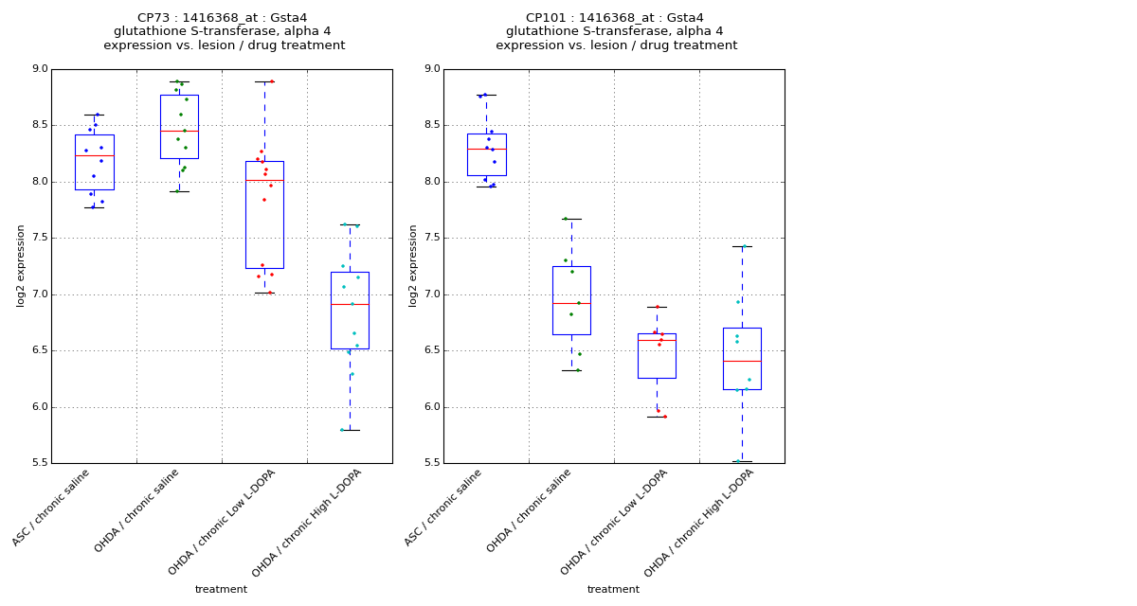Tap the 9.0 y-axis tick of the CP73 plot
[39, 69]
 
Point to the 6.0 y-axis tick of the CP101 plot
[431, 407]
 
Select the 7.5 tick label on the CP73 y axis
[39, 239]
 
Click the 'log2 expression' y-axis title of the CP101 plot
[413, 265]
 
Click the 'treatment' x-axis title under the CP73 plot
[221, 590]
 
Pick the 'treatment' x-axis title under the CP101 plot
[613, 590]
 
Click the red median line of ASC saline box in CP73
[94, 155]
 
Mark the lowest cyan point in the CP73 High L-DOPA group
[342, 430]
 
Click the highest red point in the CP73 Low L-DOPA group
[272, 81]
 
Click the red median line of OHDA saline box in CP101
[571, 303]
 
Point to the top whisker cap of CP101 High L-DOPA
[742, 246]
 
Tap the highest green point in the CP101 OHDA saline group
[566, 219]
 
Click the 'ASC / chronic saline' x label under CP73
[53, 507]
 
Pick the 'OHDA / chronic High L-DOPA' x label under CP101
[700, 523]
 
